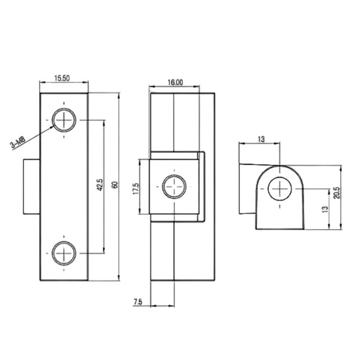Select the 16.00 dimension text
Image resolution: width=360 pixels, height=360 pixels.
(175, 82)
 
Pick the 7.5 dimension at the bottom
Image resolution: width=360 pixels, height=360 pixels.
(138, 302)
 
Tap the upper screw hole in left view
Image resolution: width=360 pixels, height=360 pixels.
(64, 120)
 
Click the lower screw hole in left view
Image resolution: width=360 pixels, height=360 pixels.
(64, 253)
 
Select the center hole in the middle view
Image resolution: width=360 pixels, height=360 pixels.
(174, 187)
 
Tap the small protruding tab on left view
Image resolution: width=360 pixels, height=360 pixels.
(31, 187)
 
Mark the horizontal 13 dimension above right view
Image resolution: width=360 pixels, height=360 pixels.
(260, 139)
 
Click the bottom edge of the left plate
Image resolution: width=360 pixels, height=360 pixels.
(64, 280)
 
